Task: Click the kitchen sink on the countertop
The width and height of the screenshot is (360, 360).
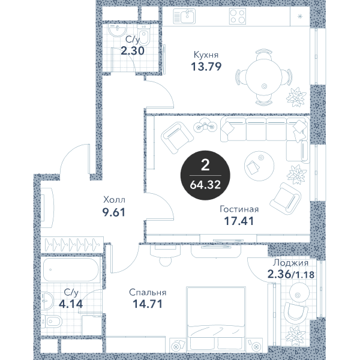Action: click(184, 16)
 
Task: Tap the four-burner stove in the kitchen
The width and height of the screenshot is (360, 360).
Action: click(238, 16)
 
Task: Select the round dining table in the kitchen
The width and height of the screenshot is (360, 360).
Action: click(263, 77)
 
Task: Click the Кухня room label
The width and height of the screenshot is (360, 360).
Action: click(206, 55)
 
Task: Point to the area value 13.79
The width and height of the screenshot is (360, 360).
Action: click(206, 67)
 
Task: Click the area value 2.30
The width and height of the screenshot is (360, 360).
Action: click(133, 51)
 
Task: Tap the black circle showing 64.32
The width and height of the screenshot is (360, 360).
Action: click(205, 175)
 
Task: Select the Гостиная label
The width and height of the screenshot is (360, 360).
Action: click(239, 209)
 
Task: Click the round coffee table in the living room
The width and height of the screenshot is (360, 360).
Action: click(259, 166)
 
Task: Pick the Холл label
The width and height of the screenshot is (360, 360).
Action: click(115, 200)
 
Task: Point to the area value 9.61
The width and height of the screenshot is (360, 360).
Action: click(114, 212)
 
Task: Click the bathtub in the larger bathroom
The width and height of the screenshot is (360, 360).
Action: click(71, 270)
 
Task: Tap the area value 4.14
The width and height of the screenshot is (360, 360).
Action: click(71, 304)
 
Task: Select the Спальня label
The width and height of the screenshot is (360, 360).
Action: click(148, 293)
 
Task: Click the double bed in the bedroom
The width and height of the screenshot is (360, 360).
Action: click(216, 319)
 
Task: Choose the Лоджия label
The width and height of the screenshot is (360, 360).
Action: click(290, 263)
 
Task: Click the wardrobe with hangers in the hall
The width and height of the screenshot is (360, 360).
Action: click(72, 245)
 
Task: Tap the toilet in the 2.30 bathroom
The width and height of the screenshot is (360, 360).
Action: click(144, 34)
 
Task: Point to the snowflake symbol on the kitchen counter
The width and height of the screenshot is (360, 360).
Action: click(300, 16)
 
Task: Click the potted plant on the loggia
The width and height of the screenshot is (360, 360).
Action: click(295, 335)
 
